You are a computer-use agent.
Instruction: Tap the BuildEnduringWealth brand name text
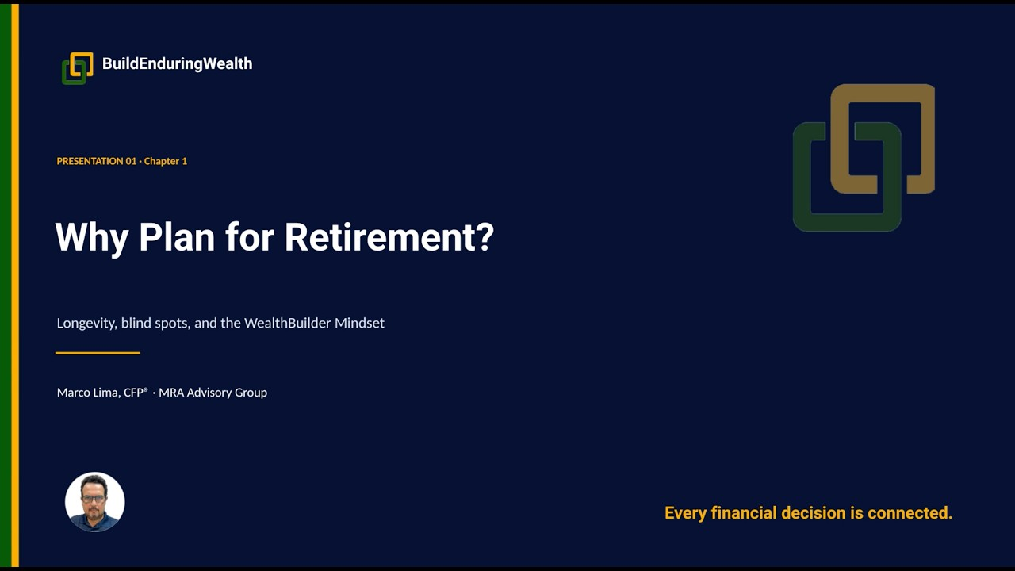pos(177,63)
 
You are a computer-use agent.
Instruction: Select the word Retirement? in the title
pos(389,236)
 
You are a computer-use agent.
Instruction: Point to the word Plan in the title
pos(177,236)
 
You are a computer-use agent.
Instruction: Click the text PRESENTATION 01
pos(97,161)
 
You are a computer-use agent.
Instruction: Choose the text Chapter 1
pos(166,161)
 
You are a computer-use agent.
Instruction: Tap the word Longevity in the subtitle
pos(87,323)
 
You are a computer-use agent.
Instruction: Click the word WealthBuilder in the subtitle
pos(287,323)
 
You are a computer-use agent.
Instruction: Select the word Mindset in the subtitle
pos(359,323)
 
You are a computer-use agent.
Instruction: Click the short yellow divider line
pos(98,353)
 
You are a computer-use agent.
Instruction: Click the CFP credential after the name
pos(136,392)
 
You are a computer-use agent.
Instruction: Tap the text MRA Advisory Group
pos(213,393)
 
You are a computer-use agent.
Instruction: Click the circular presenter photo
pos(94,502)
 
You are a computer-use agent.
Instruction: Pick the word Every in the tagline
pos(685,514)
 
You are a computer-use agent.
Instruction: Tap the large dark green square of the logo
pos(802,177)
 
